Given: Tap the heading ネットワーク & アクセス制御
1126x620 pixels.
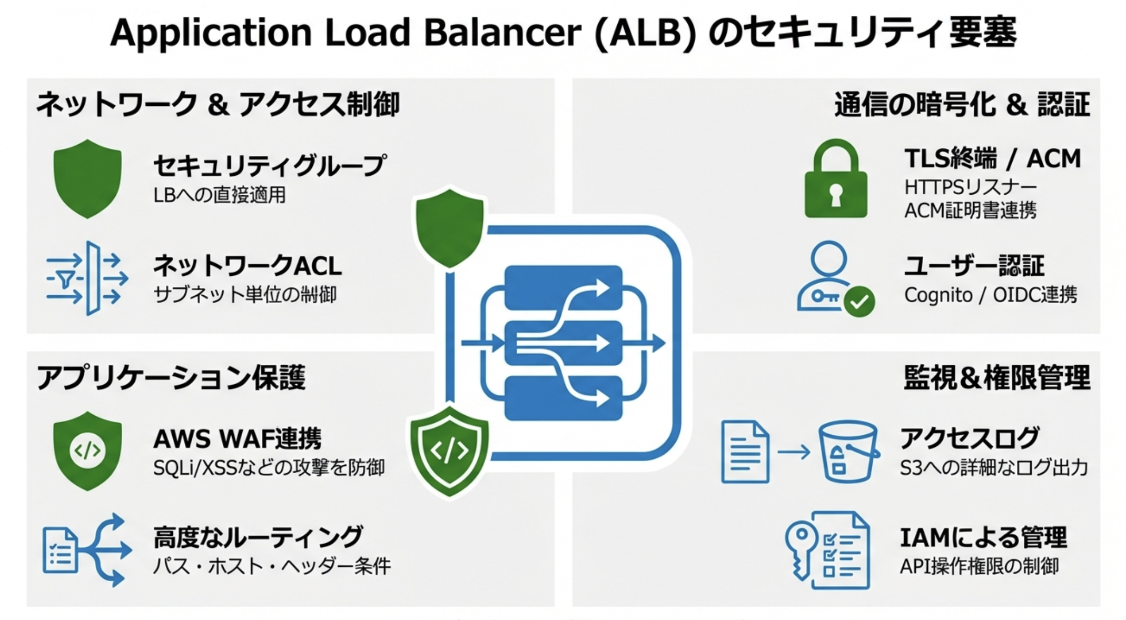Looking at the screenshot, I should (x=218, y=104).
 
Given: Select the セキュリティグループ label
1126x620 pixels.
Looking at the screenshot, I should (x=269, y=166).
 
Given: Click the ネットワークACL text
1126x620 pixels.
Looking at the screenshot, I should (x=247, y=266).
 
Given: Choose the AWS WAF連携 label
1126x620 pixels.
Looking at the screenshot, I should (x=237, y=438).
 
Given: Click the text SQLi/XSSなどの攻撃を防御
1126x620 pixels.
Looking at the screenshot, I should (x=269, y=467).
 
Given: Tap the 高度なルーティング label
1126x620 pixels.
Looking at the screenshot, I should (x=258, y=537).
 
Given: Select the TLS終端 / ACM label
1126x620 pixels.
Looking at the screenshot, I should (x=992, y=158).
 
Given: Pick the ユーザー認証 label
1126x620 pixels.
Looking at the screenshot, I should (x=974, y=266).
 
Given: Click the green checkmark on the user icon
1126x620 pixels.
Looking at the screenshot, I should (x=859, y=302).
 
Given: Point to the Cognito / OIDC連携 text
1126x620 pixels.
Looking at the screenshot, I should (x=990, y=295).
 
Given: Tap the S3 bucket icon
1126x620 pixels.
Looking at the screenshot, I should (x=848, y=452).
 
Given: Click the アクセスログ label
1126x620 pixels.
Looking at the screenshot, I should (x=970, y=438).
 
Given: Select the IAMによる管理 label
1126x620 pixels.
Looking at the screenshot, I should (x=983, y=537).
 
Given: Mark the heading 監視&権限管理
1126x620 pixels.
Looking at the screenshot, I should (x=996, y=377).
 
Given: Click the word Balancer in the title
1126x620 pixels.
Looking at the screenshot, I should (x=502, y=33).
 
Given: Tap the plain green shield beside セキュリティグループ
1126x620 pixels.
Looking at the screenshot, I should (x=87, y=178).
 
